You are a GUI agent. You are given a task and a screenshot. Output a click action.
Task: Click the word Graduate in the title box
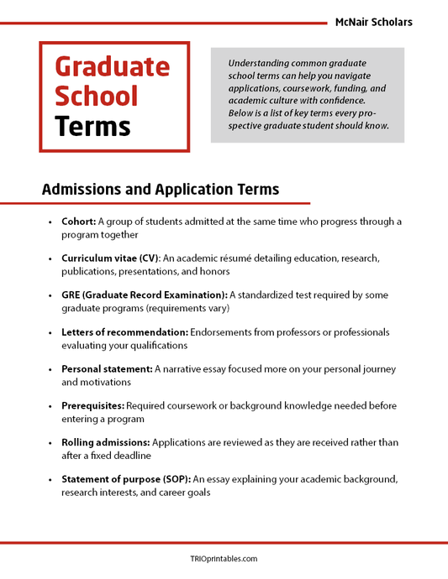112,66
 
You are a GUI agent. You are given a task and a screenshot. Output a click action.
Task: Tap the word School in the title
97,96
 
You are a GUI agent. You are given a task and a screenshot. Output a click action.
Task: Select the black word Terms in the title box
92,126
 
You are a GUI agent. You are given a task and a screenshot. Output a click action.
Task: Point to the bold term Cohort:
78,222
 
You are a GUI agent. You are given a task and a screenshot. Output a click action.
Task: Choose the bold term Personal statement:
106,369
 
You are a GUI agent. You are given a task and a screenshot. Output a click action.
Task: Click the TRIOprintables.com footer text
224,559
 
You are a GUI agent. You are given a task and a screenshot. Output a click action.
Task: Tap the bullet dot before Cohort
50,222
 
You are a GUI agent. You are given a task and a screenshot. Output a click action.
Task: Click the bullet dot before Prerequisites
50,407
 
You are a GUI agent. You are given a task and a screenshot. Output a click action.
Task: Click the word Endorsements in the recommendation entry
227,332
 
